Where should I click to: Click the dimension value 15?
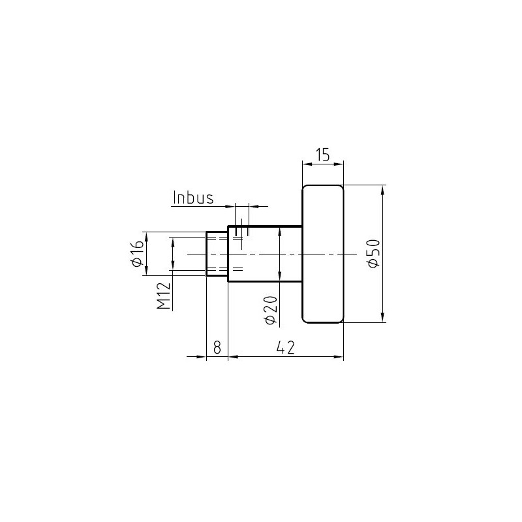tap(322, 155)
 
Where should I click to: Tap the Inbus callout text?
tap(193, 198)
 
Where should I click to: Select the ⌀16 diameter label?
tap(138, 254)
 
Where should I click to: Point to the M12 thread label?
tap(164, 296)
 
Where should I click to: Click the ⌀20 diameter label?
tap(271, 310)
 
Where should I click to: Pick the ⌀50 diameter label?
tap(373, 253)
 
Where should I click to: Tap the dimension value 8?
tap(217, 348)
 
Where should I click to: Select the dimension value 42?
tap(286, 348)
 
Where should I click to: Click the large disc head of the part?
tap(322, 254)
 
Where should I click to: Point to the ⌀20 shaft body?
tap(265, 254)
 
